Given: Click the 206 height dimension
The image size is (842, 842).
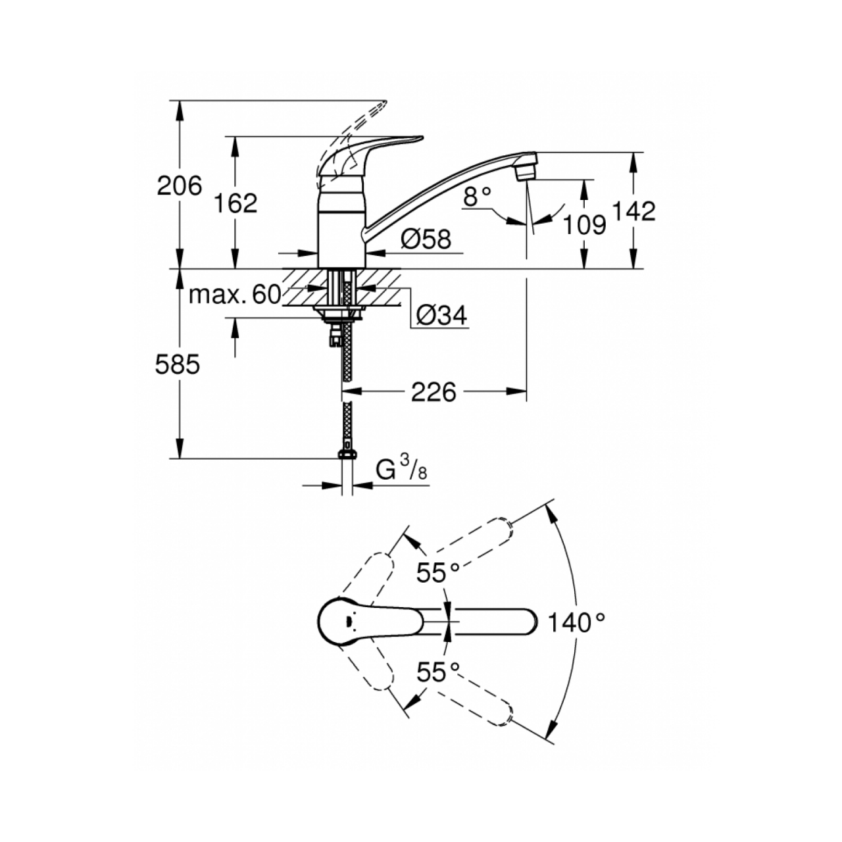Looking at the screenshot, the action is click(180, 186).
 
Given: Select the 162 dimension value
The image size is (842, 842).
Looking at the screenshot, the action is click(236, 203).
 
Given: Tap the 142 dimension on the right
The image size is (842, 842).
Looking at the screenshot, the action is click(634, 211).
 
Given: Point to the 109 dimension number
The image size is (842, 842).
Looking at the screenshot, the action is click(583, 226).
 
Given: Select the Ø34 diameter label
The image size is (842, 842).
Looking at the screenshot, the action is click(441, 314).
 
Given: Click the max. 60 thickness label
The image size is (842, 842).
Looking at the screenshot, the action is click(235, 295).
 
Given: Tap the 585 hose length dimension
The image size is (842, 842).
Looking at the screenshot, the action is click(178, 364).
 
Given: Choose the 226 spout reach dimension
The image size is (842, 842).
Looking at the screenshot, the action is click(433, 392).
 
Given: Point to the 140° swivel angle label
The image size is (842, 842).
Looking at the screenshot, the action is click(576, 622).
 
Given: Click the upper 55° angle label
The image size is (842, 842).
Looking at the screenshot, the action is click(437, 573).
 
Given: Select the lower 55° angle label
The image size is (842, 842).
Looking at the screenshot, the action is click(438, 672).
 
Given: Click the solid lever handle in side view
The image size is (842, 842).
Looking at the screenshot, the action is click(372, 155).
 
